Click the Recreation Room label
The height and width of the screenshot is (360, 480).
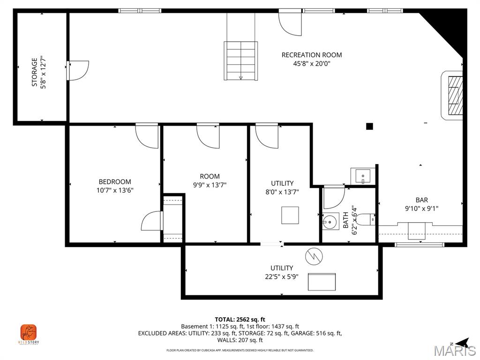point(312,55)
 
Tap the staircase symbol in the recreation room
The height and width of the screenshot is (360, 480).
point(240,60)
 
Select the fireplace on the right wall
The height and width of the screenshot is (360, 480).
point(453,95)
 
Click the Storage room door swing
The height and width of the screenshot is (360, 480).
point(78,70)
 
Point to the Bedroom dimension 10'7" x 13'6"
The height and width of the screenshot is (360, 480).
point(114,190)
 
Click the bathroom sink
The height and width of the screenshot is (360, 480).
point(331,221)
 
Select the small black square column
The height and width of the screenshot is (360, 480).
point(369,126)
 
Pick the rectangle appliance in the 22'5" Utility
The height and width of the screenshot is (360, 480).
point(322,282)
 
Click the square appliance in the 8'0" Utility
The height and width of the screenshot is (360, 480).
point(290,215)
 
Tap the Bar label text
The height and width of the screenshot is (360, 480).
point(421,200)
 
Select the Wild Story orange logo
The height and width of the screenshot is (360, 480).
point(29,333)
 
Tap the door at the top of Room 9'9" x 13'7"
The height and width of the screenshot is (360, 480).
point(208,136)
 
